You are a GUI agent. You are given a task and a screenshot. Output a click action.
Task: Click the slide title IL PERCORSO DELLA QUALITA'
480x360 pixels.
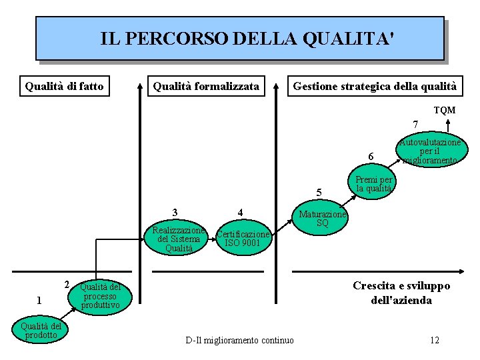[x=239, y=39]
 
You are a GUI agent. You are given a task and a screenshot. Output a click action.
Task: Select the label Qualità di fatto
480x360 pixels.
[x=64, y=86]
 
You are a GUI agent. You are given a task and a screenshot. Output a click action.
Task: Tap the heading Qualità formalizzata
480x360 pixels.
[x=206, y=86]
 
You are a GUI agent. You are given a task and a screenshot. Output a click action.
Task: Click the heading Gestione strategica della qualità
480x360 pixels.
[x=375, y=86]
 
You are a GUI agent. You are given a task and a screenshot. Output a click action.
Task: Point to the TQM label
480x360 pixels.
[x=445, y=110]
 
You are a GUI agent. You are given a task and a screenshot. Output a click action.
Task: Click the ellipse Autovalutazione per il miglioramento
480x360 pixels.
[x=430, y=151]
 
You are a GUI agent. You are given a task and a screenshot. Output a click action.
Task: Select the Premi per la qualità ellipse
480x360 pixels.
[x=373, y=184]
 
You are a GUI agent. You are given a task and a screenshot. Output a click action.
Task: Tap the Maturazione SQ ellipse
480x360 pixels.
[x=322, y=219]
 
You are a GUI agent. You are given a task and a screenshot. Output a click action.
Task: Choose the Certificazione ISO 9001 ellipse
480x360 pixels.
[x=243, y=239]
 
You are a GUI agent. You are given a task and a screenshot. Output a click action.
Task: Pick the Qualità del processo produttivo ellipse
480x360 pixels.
[x=99, y=296]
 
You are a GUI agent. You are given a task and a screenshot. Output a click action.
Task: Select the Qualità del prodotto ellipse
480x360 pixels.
[x=41, y=330]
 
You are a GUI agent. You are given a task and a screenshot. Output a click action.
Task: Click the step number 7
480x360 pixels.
[x=415, y=125]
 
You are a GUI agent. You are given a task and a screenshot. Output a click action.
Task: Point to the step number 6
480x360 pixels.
[x=371, y=157]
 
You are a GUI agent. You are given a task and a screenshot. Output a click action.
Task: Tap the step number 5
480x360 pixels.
[x=319, y=193]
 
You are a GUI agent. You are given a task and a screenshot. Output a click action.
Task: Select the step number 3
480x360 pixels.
[x=175, y=213]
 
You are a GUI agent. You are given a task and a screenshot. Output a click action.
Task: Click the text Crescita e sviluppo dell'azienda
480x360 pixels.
[x=401, y=293]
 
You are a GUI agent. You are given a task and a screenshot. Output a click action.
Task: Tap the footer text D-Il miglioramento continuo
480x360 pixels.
[x=239, y=341]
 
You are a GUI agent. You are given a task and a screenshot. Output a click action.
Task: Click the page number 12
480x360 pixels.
[x=435, y=341]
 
